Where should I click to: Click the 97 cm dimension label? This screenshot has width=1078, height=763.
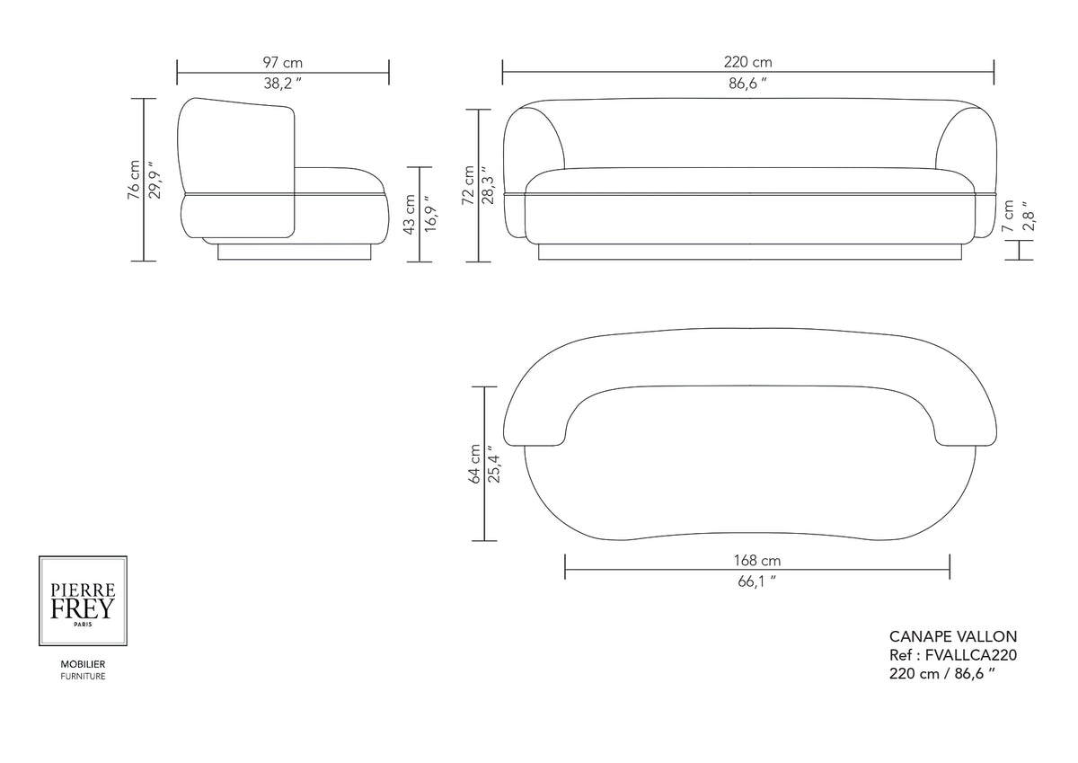282,63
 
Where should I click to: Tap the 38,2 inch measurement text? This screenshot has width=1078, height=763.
282,84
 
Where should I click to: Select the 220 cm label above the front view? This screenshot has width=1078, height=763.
747,62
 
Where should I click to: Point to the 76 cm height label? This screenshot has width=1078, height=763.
133,180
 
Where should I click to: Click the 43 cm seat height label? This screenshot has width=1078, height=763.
409,214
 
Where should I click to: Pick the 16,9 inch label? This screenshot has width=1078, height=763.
430,214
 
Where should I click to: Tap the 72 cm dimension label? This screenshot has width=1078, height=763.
468,185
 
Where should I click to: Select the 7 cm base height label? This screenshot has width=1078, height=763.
1008,217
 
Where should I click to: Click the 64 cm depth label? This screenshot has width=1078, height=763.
474,464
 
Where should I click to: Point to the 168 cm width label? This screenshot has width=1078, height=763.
757,560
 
